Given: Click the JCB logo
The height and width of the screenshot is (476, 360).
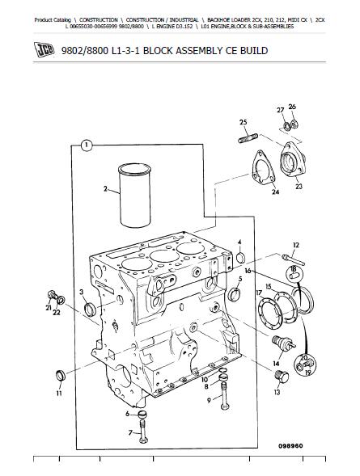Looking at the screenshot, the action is pyautogui.click(x=44, y=49).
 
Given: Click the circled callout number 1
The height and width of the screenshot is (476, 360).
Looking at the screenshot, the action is pyautogui.click(x=87, y=145).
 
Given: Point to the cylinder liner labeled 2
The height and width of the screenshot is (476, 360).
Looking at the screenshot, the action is pyautogui.click(x=135, y=196).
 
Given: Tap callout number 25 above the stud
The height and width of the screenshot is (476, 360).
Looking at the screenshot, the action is pyautogui.click(x=243, y=122).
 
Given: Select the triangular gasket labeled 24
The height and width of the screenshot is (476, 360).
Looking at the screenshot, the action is pyautogui.click(x=263, y=168).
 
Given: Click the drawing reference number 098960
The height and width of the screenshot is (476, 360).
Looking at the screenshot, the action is pyautogui.click(x=290, y=446).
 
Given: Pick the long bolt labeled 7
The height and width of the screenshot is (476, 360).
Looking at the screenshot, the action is pyautogui.click(x=142, y=432).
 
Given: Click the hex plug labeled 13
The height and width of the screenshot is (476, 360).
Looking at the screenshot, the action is pyautogui.click(x=282, y=377).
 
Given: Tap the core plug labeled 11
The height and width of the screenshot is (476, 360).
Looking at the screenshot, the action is pyautogui.click(x=61, y=376).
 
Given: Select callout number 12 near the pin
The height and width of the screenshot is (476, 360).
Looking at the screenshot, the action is pyautogui.click(x=296, y=245).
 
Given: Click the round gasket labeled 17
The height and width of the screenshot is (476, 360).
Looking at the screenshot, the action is pyautogui.click(x=269, y=310).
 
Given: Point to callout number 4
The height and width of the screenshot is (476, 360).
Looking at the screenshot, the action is pyautogui.click(x=239, y=242).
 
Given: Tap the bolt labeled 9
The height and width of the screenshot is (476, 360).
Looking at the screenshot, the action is pyautogui.click(x=225, y=395).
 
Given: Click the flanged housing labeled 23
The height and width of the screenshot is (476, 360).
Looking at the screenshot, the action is pyautogui.click(x=293, y=159).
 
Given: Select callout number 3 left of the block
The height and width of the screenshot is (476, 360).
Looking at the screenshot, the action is pyautogui.click(x=81, y=292).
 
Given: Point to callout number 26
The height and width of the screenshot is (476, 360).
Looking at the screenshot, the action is pyautogui.click(x=292, y=107).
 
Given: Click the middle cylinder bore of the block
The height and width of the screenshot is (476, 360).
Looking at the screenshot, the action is pyautogui.click(x=165, y=256).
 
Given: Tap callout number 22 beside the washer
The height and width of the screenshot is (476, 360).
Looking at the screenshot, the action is pyautogui.click(x=57, y=312).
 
